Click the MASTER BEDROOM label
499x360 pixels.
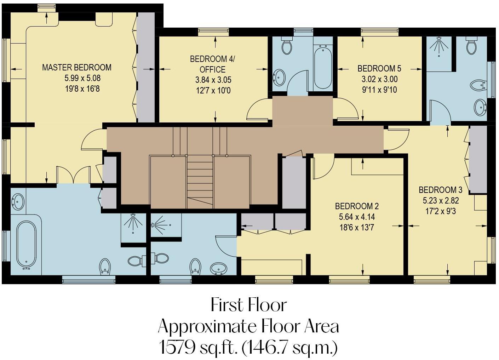click(x=76, y=67)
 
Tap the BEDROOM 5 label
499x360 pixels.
click(x=379, y=68)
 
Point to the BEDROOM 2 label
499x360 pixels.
click(x=357, y=206)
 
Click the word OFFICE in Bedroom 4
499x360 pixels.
click(x=212, y=69)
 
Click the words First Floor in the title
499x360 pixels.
click(x=248, y=305)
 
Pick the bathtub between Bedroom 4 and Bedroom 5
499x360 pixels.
click(x=323, y=67)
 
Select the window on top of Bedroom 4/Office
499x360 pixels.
click(x=213, y=32)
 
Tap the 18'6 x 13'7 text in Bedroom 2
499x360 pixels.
click(x=357, y=227)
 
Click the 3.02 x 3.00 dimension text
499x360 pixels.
click(x=379, y=79)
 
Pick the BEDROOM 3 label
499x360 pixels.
click(x=441, y=190)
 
